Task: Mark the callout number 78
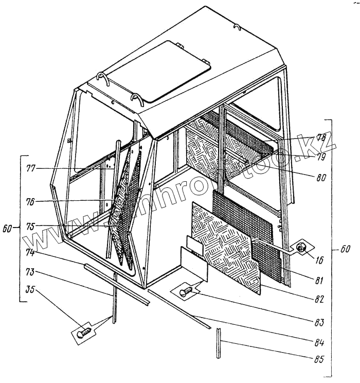[321, 138]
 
